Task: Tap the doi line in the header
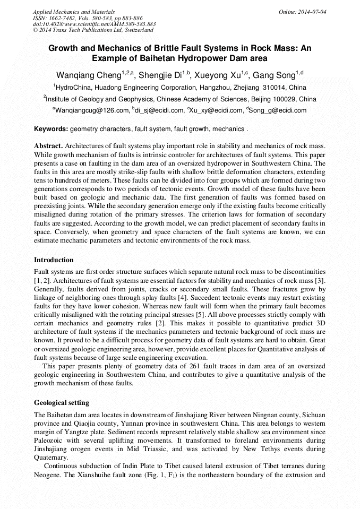point(94,24)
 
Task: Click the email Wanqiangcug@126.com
point(92,110)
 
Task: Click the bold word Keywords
point(50,129)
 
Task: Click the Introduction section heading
point(54,260)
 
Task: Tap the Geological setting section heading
point(62,402)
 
